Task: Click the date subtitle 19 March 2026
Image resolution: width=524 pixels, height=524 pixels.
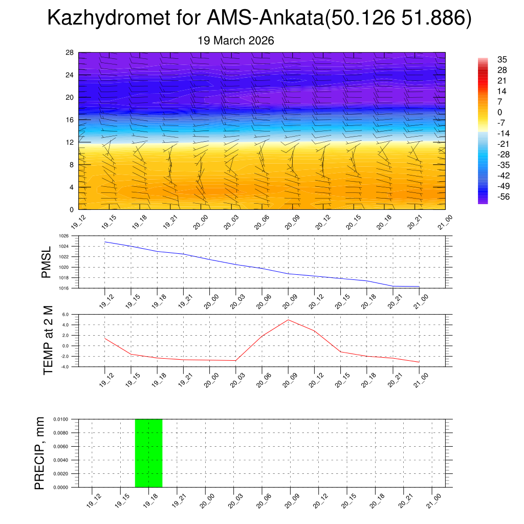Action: [x=236, y=41]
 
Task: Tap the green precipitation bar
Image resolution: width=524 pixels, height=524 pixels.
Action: [x=148, y=453]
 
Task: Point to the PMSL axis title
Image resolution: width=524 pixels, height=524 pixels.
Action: [x=47, y=263]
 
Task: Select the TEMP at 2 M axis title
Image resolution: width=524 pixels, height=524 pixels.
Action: [x=48, y=340]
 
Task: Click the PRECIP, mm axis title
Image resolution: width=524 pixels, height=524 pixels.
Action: [x=40, y=453]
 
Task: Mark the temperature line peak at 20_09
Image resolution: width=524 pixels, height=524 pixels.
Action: [x=288, y=320]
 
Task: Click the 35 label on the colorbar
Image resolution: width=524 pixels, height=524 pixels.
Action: [x=502, y=59]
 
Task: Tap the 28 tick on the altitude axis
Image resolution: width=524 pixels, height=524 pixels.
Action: [x=70, y=53]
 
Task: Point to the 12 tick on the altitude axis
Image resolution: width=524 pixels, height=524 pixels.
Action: [x=70, y=142]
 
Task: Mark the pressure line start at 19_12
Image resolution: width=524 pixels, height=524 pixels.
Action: [x=105, y=242]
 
